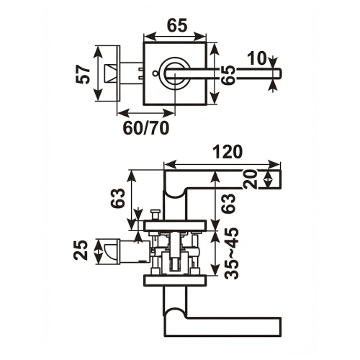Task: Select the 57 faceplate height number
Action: tap(84, 74)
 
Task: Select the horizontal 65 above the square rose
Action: tap(177, 24)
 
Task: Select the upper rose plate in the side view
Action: tap(176, 226)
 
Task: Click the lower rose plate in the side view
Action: tap(176, 279)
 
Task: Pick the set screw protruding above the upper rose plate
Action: tap(155, 215)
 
